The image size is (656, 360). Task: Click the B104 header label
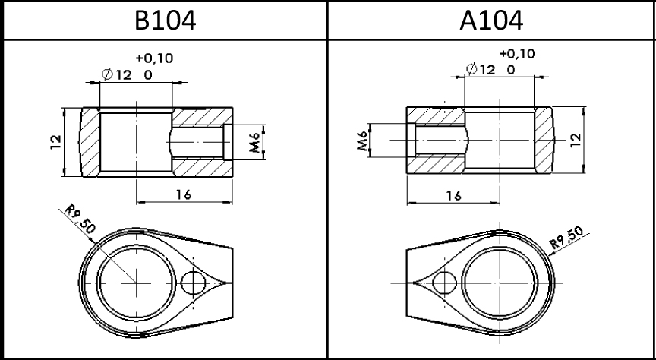pos(165,20)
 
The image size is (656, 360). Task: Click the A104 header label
pos(491,20)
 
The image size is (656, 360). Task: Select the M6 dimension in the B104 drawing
pos(256,142)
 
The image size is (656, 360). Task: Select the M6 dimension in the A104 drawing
pos(362,141)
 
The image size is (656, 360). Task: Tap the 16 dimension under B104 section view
pos(183,194)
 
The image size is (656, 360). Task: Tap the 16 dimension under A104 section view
pos(453,195)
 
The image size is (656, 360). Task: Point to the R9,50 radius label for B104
pos(80,219)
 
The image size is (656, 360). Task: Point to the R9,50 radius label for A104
pos(566,238)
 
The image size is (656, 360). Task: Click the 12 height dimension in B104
pos(55,142)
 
